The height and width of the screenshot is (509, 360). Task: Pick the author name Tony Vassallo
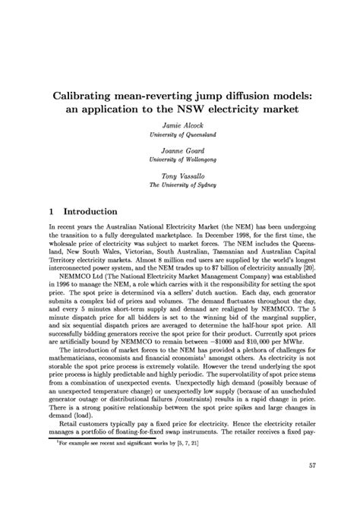[x=179, y=175]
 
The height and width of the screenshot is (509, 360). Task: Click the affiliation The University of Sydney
[x=179, y=184]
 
